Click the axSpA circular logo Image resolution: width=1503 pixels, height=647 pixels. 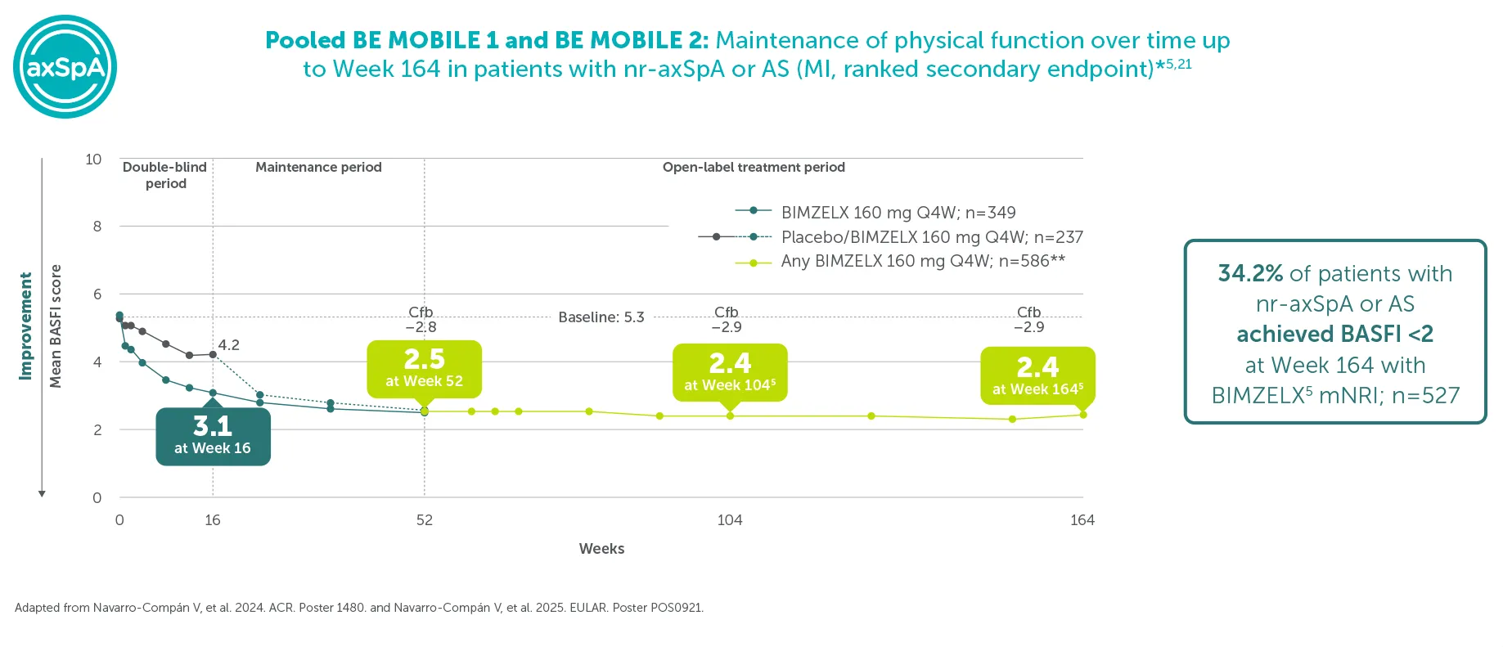tap(65, 66)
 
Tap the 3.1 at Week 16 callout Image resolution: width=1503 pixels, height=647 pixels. tap(213, 436)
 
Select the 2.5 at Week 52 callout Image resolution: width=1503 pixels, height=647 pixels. tap(424, 369)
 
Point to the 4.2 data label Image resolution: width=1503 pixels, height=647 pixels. tap(229, 345)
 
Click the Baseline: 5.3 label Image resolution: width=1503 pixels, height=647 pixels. tap(601, 317)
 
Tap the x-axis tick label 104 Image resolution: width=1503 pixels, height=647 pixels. tap(730, 520)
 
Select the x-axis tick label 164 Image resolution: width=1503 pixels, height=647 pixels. tap(1082, 520)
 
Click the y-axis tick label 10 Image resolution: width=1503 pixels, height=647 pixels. tap(93, 160)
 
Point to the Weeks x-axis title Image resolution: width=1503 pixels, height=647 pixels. tap(601, 549)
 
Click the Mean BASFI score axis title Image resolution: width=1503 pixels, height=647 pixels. tap(56, 326)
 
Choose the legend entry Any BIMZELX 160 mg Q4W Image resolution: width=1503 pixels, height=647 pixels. tap(923, 262)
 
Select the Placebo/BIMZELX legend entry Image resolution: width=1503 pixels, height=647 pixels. tap(932, 237)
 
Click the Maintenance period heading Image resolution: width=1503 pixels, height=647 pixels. tap(318, 167)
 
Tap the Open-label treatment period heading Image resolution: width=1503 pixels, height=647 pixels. tap(754, 167)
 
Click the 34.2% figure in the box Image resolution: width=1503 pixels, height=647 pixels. tap(1250, 273)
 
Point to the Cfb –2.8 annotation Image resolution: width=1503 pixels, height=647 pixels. tap(421, 320)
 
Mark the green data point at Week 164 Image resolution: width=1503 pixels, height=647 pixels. tap(1083, 415)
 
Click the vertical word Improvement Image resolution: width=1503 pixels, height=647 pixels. tap(25, 326)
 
